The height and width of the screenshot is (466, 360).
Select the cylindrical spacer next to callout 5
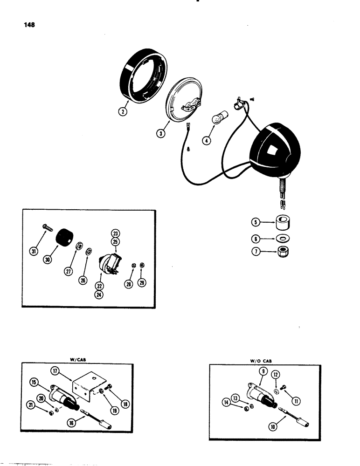[282, 223]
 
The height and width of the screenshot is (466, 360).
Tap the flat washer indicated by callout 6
[282, 239]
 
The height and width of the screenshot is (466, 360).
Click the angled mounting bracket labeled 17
[86, 384]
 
